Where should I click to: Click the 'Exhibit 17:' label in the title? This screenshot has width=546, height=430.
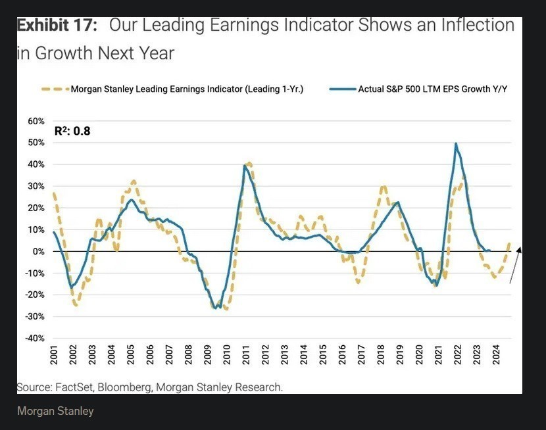(57, 26)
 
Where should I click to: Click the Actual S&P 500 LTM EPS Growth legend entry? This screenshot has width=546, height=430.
(424, 89)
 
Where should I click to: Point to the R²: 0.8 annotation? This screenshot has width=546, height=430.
(72, 131)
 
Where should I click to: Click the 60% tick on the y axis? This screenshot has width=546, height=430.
(36, 122)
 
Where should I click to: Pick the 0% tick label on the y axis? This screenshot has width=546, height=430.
(38, 251)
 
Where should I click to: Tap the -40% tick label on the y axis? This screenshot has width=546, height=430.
(34, 338)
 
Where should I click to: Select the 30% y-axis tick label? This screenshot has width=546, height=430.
(36, 186)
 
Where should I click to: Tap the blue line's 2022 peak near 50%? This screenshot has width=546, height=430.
(456, 144)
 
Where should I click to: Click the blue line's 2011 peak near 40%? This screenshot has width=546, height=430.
(245, 166)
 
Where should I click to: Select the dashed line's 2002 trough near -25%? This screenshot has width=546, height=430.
(76, 305)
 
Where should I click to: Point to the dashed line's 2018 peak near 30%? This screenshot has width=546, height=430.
(384, 187)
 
